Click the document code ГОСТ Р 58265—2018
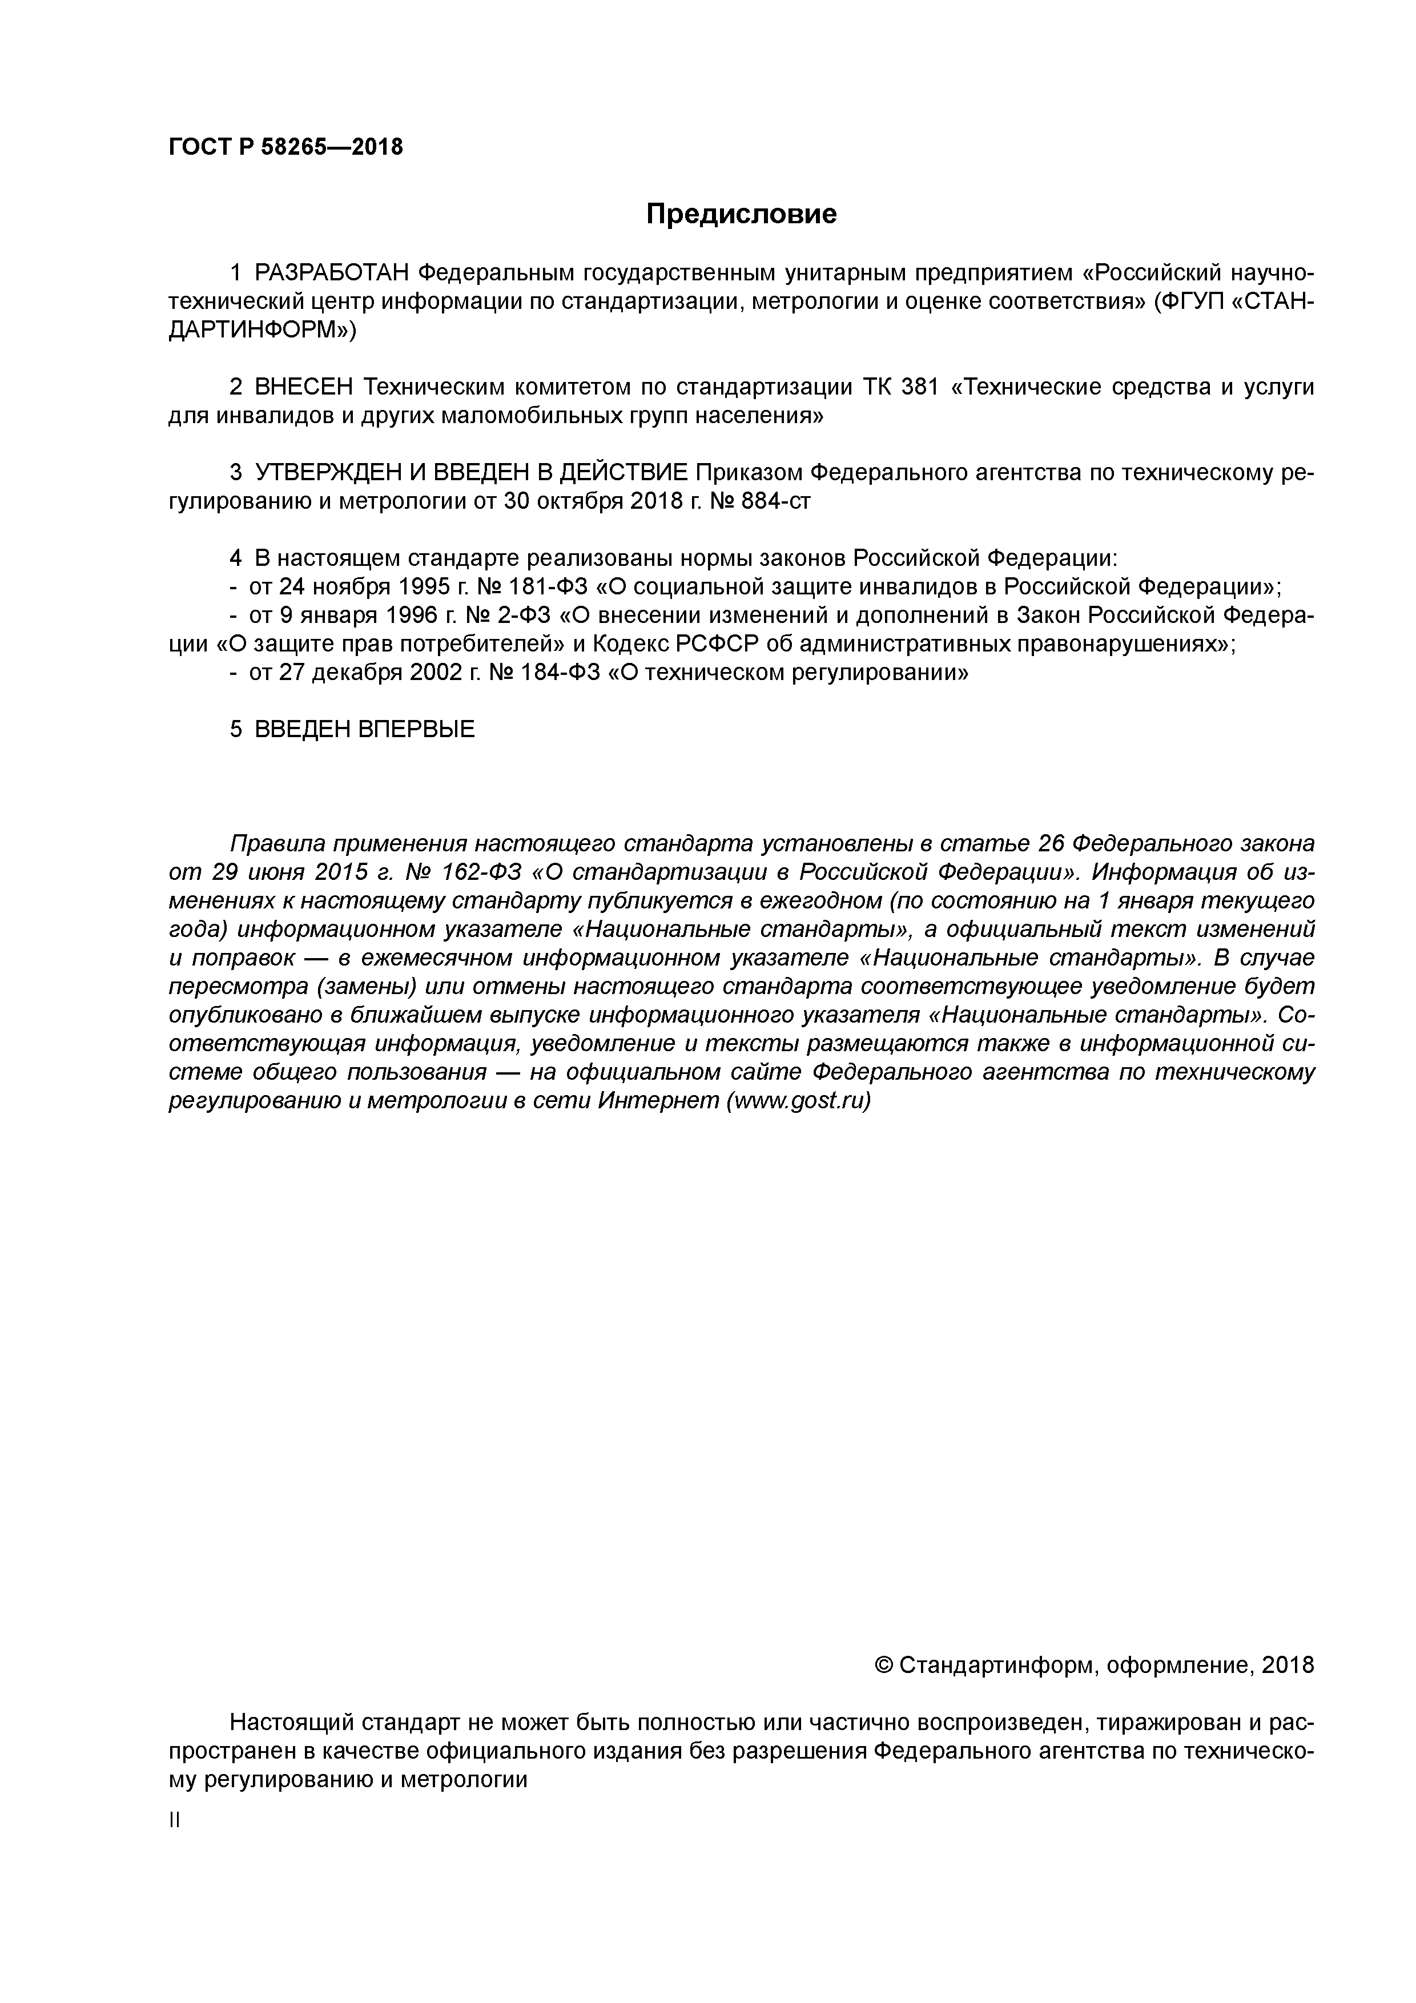pyautogui.click(x=285, y=147)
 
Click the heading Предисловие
pyautogui.click(x=741, y=214)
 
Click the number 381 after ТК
pyautogui.click(x=919, y=387)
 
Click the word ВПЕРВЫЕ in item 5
pyautogui.click(x=416, y=729)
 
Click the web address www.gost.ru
pyautogui.click(x=798, y=1101)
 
